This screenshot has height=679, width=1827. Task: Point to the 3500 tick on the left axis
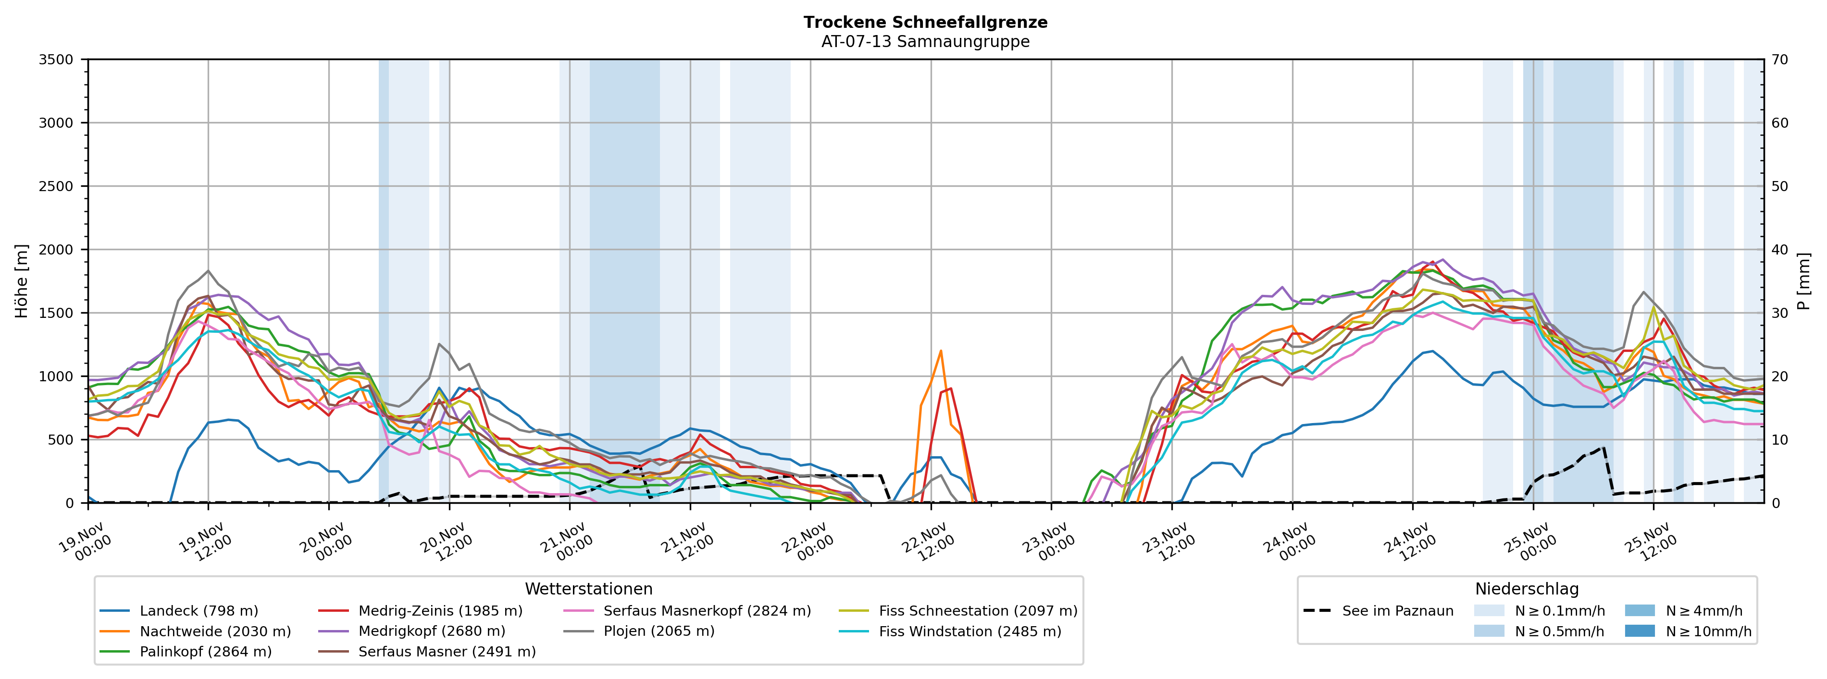pos(56,60)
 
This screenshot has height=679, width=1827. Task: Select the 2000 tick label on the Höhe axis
pos(56,250)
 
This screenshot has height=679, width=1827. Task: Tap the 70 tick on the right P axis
pos(1779,60)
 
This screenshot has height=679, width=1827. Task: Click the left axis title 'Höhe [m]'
pos(21,280)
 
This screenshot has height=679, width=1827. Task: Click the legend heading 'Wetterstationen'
pos(589,589)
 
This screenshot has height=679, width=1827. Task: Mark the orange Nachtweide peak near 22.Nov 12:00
pos(941,351)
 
